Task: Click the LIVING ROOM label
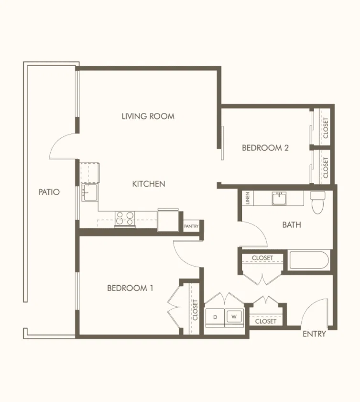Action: [x=148, y=116]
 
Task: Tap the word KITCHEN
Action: [x=149, y=184]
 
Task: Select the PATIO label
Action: [x=49, y=192]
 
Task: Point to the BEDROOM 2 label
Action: [x=265, y=148]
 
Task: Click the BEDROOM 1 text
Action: [x=130, y=288]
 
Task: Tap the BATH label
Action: [x=291, y=225]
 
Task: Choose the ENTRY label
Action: [x=314, y=334]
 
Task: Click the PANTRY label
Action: [x=191, y=226]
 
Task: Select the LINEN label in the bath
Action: [x=247, y=198]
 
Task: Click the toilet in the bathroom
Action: [x=317, y=202]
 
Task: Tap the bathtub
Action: [x=308, y=260]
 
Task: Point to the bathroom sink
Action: [x=279, y=199]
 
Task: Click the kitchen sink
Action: [x=89, y=192]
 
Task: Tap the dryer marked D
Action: [x=215, y=318]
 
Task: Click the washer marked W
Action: [x=234, y=318]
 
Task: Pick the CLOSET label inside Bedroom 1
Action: [x=195, y=310]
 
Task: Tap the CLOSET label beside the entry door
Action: [x=266, y=321]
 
